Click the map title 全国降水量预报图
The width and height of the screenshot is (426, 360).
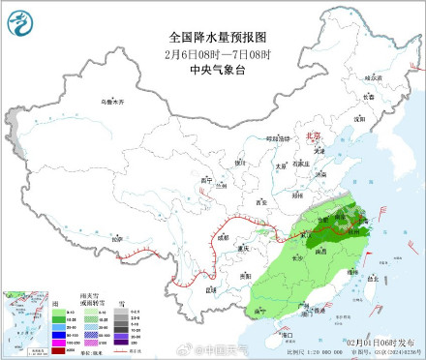[x=213, y=37]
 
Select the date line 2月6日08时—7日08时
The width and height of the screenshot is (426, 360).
[x=213, y=52]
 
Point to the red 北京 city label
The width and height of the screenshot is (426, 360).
[x=312, y=137]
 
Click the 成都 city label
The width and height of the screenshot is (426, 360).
[x=222, y=235]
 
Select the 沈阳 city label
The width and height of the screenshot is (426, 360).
[x=358, y=117]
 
